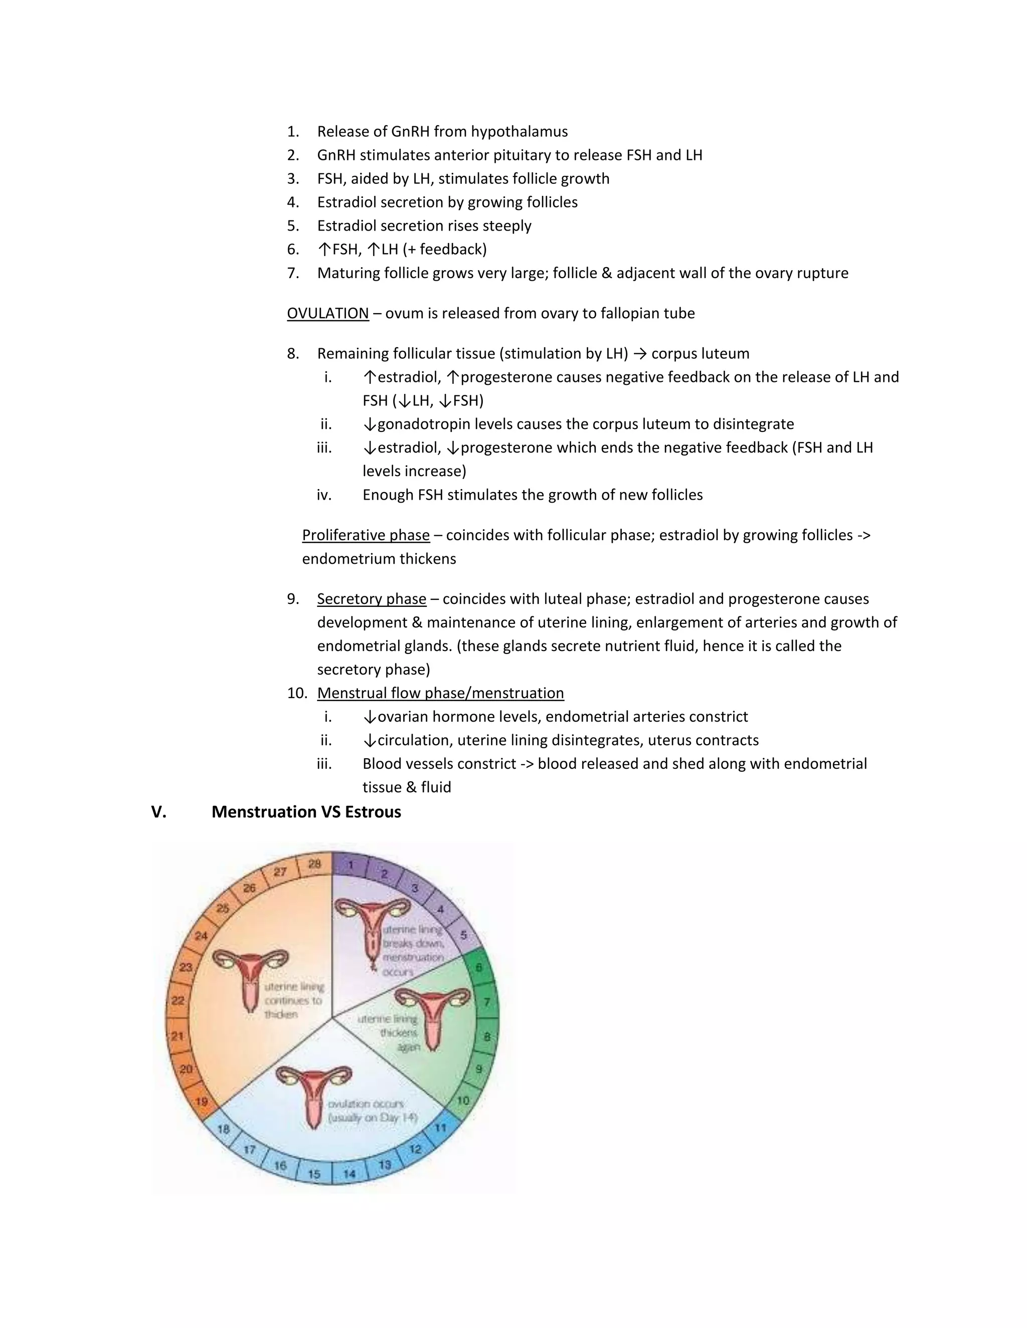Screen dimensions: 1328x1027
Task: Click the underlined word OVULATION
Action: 327,313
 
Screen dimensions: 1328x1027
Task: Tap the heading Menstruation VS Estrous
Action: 306,812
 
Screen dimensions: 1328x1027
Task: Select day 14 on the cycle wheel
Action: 349,1174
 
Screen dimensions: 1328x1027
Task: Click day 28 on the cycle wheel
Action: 314,864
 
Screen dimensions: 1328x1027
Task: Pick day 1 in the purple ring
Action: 351,864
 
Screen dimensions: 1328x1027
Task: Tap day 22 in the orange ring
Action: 178,1000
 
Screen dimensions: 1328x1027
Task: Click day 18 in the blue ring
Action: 224,1129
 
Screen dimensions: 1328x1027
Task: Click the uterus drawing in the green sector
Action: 432,1017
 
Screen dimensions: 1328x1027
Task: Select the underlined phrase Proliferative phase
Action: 366,535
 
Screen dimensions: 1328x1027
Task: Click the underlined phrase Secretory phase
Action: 371,599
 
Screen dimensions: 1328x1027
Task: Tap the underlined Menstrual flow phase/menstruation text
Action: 440,693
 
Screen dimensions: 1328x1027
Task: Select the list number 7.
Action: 293,273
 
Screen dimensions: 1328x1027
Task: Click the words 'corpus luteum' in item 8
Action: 700,354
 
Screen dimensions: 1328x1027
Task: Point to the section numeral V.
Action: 158,812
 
